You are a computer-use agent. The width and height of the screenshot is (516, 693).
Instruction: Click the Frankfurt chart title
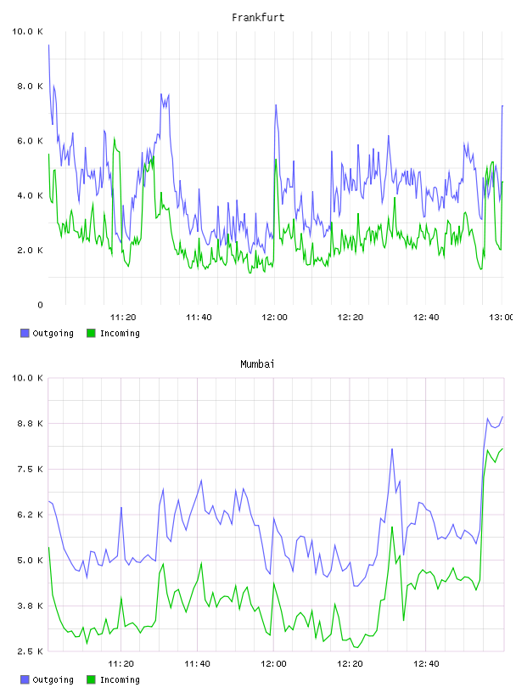tap(258, 17)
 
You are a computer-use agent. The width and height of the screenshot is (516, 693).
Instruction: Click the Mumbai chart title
tap(257, 363)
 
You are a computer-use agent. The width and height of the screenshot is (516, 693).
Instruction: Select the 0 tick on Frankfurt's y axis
tap(40, 305)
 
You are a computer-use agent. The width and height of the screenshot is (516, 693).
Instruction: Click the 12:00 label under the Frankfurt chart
tap(274, 317)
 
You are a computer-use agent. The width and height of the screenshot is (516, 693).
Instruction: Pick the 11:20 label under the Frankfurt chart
tap(123, 317)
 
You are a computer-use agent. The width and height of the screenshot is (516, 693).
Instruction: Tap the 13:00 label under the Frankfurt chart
tap(501, 317)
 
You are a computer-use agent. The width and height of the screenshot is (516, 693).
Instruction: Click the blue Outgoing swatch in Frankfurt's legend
tap(25, 333)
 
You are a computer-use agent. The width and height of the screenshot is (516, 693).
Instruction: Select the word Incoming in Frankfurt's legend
tap(120, 333)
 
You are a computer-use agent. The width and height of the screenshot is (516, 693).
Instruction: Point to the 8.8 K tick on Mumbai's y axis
tap(30, 423)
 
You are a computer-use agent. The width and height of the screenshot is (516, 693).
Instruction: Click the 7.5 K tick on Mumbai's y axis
tap(30, 469)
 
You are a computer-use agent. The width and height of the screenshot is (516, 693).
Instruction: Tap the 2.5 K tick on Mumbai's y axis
tap(30, 651)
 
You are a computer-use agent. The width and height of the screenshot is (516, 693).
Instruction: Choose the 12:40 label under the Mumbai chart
tap(426, 663)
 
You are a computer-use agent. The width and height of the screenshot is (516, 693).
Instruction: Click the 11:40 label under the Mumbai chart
tap(197, 663)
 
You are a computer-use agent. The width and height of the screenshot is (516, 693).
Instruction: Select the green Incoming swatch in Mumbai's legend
tap(91, 679)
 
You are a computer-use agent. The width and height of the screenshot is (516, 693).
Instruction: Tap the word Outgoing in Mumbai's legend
tap(53, 679)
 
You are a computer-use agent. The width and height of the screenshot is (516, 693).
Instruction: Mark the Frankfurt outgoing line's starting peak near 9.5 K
tap(48, 45)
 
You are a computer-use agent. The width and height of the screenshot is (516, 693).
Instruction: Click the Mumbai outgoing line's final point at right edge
tap(502, 416)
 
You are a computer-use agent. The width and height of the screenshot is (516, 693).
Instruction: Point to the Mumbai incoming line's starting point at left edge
tap(48, 547)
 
